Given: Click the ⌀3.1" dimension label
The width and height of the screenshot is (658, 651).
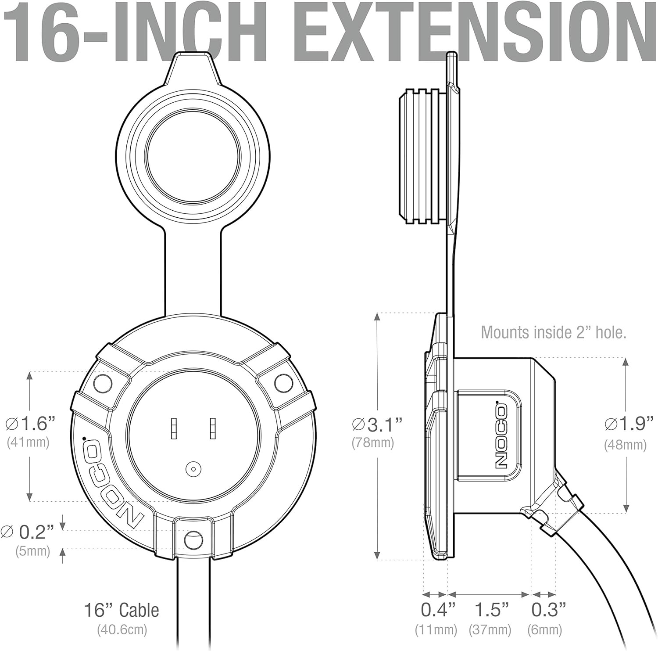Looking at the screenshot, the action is [377, 424].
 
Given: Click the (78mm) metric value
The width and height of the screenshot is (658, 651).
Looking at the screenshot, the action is [373, 443].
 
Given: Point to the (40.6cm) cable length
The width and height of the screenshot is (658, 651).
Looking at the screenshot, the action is [122, 630].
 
